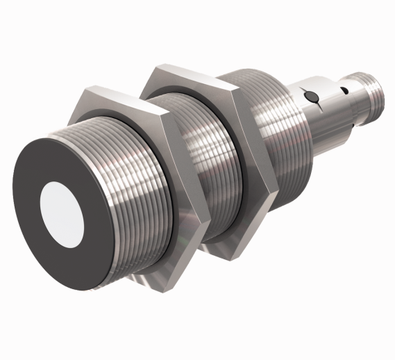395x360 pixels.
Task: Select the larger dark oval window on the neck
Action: point(311,95)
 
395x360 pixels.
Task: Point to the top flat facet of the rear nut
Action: point(187,74)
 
